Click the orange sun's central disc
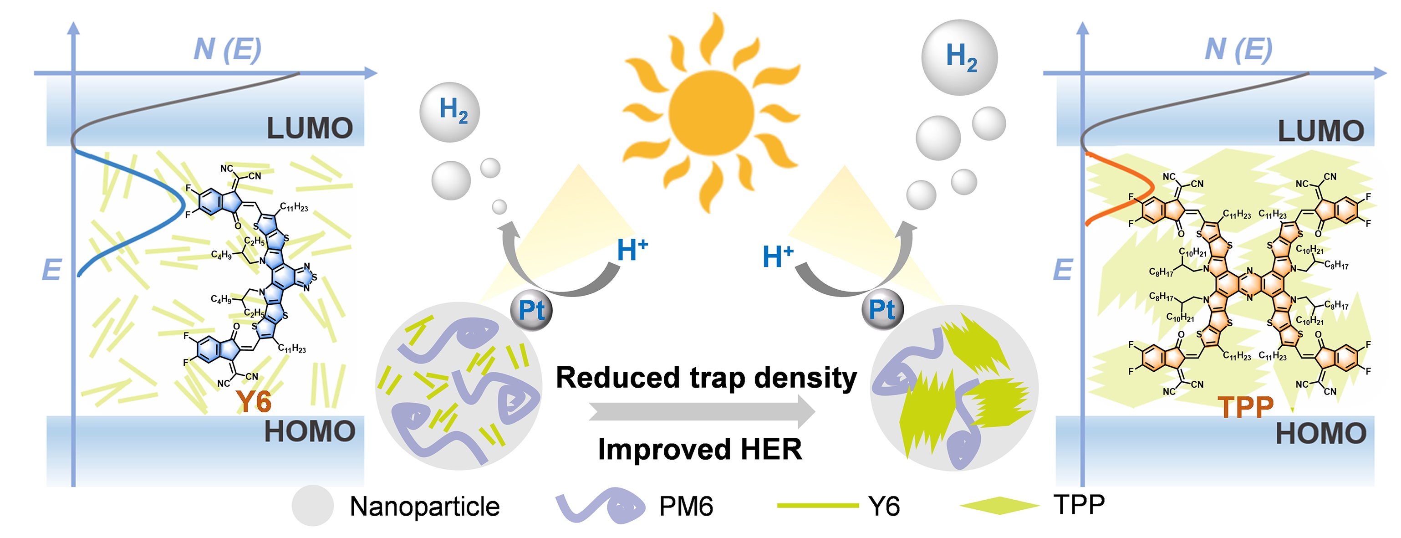pyautogui.click(x=711, y=112)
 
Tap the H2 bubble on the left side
pyautogui.click(x=449, y=112)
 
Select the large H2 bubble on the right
pyautogui.click(x=959, y=58)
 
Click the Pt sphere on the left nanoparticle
pyautogui.click(x=531, y=310)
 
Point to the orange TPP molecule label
pyautogui.click(x=1245, y=406)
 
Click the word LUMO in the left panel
pyautogui.click(x=310, y=129)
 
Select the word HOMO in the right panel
pyautogui.click(x=1320, y=434)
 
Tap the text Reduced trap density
pyautogui.click(x=706, y=377)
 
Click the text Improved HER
pyautogui.click(x=700, y=449)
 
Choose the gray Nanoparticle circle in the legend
pyautogui.click(x=312, y=505)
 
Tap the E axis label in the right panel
pyautogui.click(x=1062, y=270)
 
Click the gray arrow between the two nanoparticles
pyautogui.click(x=702, y=412)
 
